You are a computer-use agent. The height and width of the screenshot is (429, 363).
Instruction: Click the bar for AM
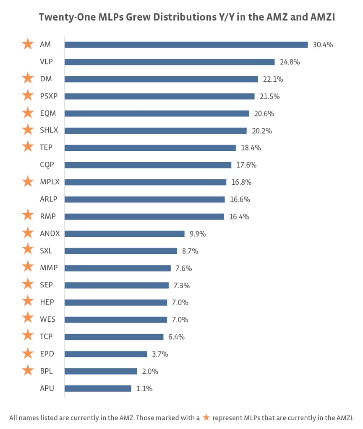click(x=186, y=45)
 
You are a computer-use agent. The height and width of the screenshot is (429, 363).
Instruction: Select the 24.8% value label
click(x=290, y=62)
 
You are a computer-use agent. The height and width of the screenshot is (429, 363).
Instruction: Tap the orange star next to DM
click(x=28, y=78)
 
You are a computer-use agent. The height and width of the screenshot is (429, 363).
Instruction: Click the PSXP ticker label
click(x=49, y=96)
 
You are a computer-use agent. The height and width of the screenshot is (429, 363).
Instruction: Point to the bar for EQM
click(x=157, y=114)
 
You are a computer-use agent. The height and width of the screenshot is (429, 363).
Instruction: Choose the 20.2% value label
click(x=262, y=131)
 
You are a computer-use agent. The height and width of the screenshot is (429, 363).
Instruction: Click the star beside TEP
click(x=28, y=147)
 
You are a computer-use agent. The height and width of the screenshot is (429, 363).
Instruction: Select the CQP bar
click(x=148, y=165)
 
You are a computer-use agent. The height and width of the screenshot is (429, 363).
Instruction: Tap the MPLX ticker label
click(x=50, y=182)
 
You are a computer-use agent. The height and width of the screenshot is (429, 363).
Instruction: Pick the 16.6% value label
click(x=240, y=199)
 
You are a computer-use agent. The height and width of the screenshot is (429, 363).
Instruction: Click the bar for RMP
click(x=144, y=217)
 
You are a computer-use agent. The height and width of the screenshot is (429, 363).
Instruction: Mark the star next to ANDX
click(x=28, y=233)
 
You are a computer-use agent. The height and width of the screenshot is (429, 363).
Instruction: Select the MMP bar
click(x=118, y=268)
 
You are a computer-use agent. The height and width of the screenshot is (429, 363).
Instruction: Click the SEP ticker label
click(x=46, y=285)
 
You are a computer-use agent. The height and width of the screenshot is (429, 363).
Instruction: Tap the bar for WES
click(x=115, y=320)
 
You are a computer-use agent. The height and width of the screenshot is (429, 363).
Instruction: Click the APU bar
click(x=98, y=388)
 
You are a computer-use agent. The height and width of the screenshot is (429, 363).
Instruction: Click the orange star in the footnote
click(x=206, y=417)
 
